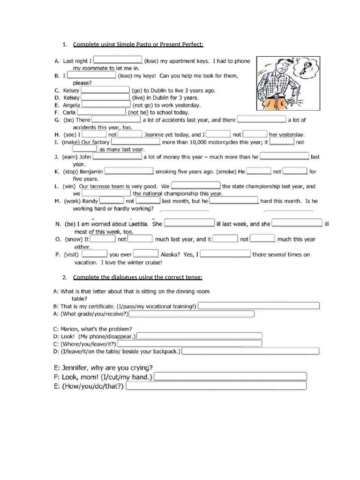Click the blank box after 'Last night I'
point(118,60)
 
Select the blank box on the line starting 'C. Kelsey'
point(106,90)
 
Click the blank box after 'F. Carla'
point(102,112)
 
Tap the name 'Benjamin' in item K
point(88,172)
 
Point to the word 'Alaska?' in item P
point(171,255)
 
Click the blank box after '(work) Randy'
point(111,201)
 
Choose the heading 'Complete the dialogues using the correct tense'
point(137,277)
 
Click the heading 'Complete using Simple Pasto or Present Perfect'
point(138,45)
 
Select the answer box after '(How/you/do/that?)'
point(216,386)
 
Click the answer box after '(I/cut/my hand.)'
point(231,377)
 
